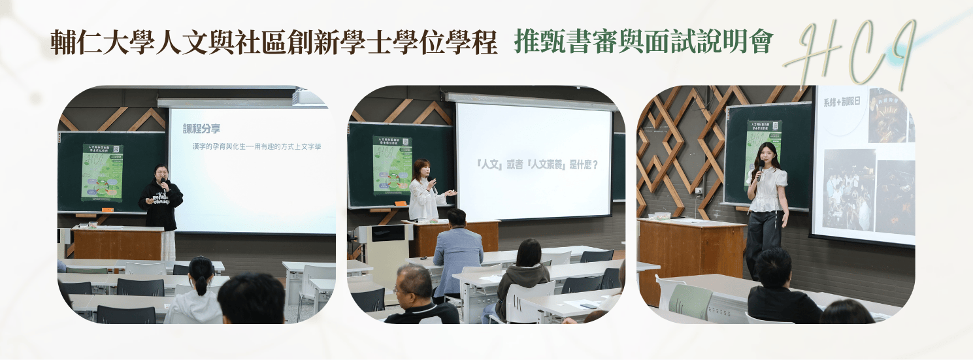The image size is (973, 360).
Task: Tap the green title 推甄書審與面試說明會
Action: (x=644, y=42)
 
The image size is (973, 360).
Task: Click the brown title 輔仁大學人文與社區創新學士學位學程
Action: (x=274, y=42)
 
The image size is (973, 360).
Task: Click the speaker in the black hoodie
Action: (x=161, y=199)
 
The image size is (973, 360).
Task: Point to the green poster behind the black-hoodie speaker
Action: (x=102, y=172)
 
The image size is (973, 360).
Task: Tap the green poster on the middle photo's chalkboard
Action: (x=391, y=165)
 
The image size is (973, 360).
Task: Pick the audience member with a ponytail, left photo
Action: (x=198, y=291)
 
